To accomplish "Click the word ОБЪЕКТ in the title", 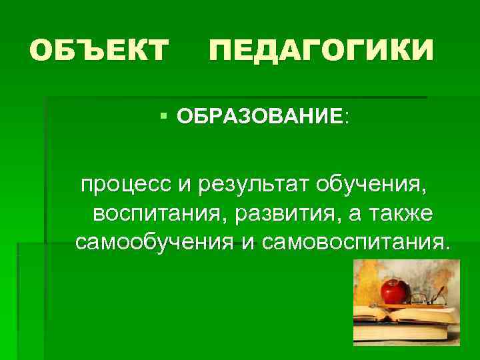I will tap(99, 51).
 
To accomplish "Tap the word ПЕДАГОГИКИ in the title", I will tap(321, 51).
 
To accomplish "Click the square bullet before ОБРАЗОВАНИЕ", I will tap(164, 117).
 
